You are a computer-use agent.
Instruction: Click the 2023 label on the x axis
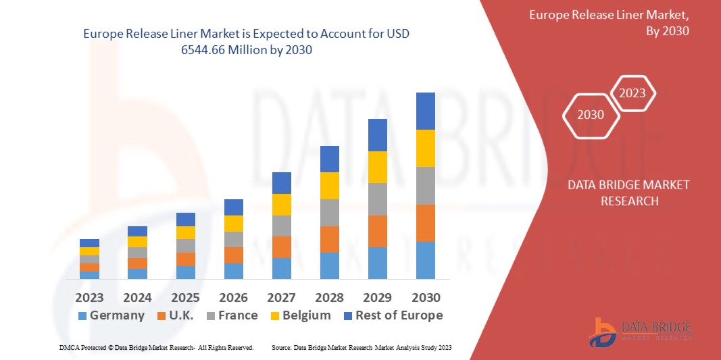pyautogui.click(x=89, y=297)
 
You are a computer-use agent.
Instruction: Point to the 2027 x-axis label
pyautogui.click(x=282, y=297)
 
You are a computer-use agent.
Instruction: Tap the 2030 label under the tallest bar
pyautogui.click(x=426, y=297)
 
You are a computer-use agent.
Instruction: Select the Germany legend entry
pyautogui.click(x=111, y=315)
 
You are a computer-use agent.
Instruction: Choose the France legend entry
pyautogui.click(x=232, y=315)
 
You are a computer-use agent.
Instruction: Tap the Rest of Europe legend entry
pyautogui.click(x=393, y=315)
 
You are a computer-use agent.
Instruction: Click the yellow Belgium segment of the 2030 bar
pyautogui.click(x=426, y=148)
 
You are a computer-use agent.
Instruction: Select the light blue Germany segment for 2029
pyautogui.click(x=378, y=263)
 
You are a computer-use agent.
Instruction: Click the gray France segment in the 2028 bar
pyautogui.click(x=330, y=212)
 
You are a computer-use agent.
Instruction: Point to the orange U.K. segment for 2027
pyautogui.click(x=282, y=247)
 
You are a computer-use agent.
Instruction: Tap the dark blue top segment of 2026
pyautogui.click(x=234, y=207)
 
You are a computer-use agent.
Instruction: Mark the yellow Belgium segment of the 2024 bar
pyautogui.click(x=137, y=242)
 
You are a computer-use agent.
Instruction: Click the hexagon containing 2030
pyautogui.click(x=591, y=115)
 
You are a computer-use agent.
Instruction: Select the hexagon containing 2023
pyautogui.click(x=633, y=93)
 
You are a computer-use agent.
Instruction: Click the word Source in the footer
pyautogui.click(x=280, y=347)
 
